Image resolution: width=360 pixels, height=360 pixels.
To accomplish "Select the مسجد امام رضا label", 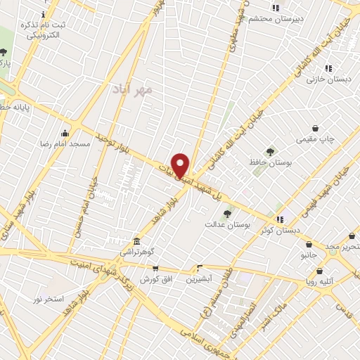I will pyautogui.click(x=65, y=143).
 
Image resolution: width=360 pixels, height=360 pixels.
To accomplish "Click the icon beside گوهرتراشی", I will pyautogui.click(x=136, y=241).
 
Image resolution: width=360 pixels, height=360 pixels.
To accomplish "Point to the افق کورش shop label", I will pyautogui.click(x=155, y=279).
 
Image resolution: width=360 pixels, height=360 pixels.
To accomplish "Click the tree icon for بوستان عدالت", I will pyautogui.click(x=226, y=214).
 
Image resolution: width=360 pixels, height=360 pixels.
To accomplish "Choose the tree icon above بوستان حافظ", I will pyautogui.click(x=270, y=152).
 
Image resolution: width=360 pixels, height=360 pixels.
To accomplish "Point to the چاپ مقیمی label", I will pyautogui.click(x=315, y=139).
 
